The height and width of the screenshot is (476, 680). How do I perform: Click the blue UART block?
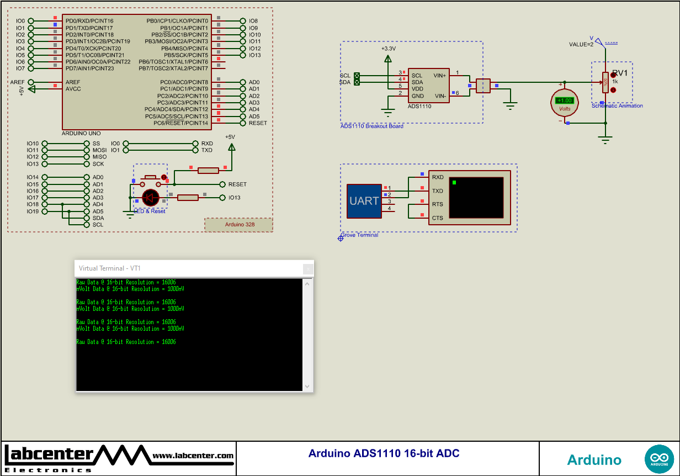click(364, 201)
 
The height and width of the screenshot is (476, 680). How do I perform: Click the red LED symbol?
click(151, 198)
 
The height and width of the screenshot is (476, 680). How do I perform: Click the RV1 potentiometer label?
click(619, 73)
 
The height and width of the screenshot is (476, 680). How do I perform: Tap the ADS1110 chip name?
click(419, 106)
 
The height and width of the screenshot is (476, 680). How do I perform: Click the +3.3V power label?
click(388, 49)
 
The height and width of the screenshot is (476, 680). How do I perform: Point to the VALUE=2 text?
click(581, 44)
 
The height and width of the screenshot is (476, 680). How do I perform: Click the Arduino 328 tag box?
click(239, 225)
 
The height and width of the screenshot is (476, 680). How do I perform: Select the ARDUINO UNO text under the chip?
click(82, 134)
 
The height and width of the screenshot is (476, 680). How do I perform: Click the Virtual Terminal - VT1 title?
click(110, 268)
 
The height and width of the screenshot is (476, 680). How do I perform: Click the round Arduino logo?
click(659, 459)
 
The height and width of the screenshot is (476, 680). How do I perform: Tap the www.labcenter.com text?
click(193, 456)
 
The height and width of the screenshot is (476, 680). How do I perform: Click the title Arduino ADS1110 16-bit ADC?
click(384, 454)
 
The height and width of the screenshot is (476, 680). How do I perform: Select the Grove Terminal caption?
click(359, 235)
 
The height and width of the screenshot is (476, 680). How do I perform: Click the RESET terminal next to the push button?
click(237, 184)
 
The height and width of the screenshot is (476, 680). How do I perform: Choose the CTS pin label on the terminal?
click(437, 218)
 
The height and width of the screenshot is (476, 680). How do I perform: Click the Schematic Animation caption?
click(617, 106)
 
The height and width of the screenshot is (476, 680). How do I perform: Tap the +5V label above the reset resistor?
click(230, 137)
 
